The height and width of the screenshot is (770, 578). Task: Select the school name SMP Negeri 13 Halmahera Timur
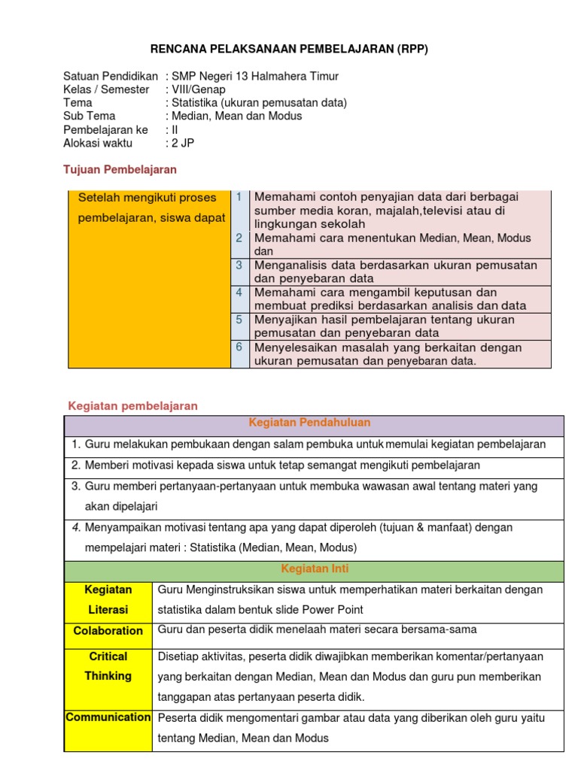pyautogui.click(x=255, y=76)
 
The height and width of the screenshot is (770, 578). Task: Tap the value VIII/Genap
pyautogui.click(x=199, y=89)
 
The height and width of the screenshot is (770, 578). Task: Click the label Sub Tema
pyautogui.click(x=90, y=116)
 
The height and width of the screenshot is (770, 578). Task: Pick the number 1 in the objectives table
pyautogui.click(x=239, y=197)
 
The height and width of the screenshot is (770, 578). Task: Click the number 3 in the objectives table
pyautogui.click(x=239, y=265)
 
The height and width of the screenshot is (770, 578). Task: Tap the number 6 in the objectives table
pyautogui.click(x=239, y=347)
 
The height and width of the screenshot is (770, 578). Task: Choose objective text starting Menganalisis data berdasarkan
pyautogui.click(x=396, y=271)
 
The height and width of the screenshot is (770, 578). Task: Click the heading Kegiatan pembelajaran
pyautogui.click(x=133, y=406)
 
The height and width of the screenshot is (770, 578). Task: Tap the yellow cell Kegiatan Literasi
pyautogui.click(x=108, y=599)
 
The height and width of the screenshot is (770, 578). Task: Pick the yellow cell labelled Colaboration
pyautogui.click(x=108, y=631)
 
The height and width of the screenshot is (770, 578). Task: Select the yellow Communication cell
pyautogui.click(x=108, y=717)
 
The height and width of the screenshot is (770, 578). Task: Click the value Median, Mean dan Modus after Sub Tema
pyautogui.click(x=236, y=116)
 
